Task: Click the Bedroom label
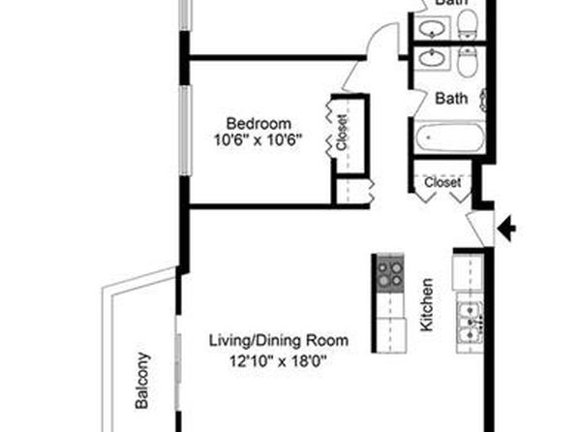pyautogui.click(x=258, y=123)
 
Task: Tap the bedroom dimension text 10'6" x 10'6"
pyautogui.click(x=258, y=139)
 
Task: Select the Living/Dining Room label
pyautogui.click(x=279, y=341)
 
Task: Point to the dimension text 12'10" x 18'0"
pyautogui.click(x=278, y=361)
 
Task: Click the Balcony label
pyautogui.click(x=142, y=381)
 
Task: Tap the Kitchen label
pyautogui.click(x=427, y=305)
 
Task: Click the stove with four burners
pyautogui.click(x=390, y=274)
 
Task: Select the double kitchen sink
pyautogui.click(x=470, y=323)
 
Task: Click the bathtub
pyautogui.click(x=449, y=138)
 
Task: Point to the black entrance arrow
pyautogui.click(x=506, y=229)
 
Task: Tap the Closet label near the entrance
pyautogui.click(x=442, y=182)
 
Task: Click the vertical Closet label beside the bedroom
pyautogui.click(x=342, y=133)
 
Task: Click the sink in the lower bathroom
pyautogui.click(x=433, y=59)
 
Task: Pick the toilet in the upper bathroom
pyautogui.click(x=468, y=24)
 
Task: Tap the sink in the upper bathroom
pyautogui.click(x=433, y=28)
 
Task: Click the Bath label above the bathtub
pyautogui.click(x=451, y=99)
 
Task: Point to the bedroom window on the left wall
pyautogui.click(x=186, y=131)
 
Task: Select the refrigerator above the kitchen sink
pyautogui.click(x=468, y=272)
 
